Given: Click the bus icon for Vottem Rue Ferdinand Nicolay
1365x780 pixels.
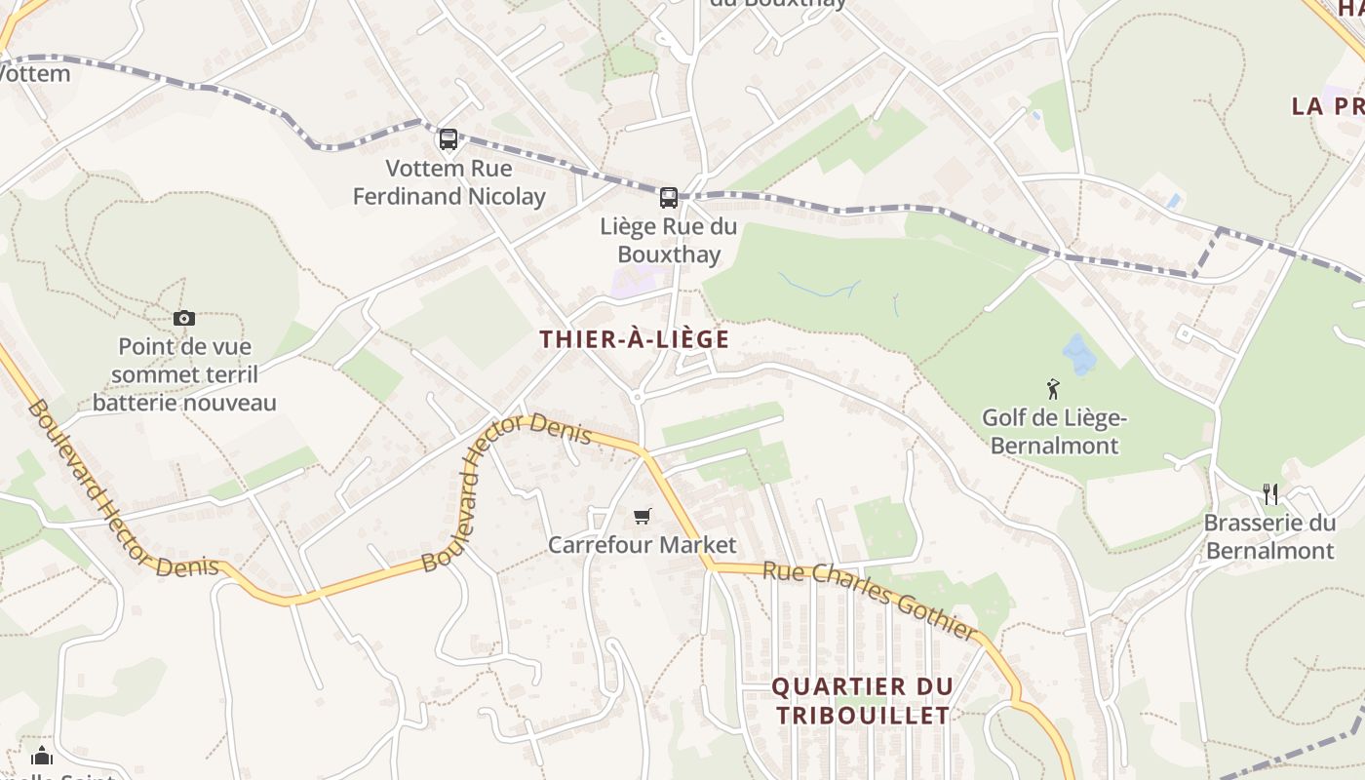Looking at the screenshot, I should coord(448,139).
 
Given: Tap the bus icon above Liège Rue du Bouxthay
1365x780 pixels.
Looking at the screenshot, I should coord(669,198).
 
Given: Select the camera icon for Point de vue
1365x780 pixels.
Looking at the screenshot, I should coord(184,318).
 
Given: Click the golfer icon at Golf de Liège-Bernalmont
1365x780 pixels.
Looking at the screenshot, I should coord(1053,390).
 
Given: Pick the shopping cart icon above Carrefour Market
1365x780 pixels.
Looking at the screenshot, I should coord(642,516).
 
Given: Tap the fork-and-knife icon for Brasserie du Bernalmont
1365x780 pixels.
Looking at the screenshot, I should coord(1269,494).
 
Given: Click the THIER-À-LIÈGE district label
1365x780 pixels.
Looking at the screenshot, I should coord(635,339).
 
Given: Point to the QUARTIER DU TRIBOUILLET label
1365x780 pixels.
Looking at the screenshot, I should coord(861,700).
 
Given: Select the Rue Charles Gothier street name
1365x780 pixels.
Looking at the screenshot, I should coord(869,601).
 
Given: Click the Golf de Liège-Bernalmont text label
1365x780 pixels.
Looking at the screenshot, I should coord(1054,432).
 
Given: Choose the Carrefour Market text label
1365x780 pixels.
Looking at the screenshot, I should coord(642,544).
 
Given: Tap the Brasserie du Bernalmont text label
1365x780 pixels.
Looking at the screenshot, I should coord(1269,537).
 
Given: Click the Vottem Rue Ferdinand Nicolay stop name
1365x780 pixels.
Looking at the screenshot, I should coord(448,182).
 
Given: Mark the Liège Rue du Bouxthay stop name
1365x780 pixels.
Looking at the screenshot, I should coord(669,241).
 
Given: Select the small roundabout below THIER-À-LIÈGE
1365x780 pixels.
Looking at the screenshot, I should coord(637,397).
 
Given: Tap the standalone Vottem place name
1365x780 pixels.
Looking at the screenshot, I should coord(36,73).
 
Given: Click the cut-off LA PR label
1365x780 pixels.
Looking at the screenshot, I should coord(1326,106).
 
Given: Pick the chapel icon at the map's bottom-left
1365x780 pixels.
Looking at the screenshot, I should coord(41,756).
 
